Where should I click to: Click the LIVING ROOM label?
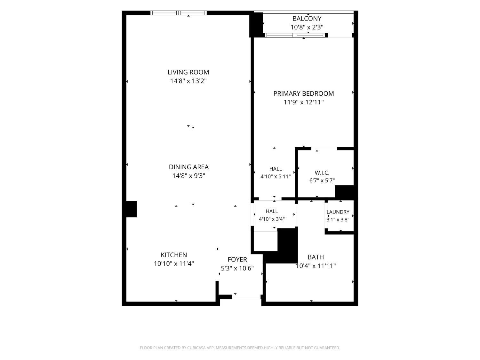188,72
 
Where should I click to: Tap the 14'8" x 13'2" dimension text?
188,81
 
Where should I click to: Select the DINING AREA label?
189,167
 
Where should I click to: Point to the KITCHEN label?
174,255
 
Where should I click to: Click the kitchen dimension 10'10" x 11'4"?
174,264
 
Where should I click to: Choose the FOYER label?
237,260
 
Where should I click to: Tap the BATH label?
316,257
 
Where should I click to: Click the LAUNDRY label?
338,212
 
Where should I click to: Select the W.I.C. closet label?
322,173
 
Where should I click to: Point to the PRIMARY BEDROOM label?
304,93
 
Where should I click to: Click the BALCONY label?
307,19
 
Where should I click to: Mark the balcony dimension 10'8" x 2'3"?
307,27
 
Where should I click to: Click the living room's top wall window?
179,13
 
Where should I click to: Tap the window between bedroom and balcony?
295,35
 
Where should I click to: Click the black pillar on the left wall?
132,209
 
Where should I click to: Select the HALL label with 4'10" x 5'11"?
276,169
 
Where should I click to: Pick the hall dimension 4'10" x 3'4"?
272,219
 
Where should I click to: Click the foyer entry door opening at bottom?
246,297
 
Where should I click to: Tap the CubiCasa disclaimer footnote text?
240,348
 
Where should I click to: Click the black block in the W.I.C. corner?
344,191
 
